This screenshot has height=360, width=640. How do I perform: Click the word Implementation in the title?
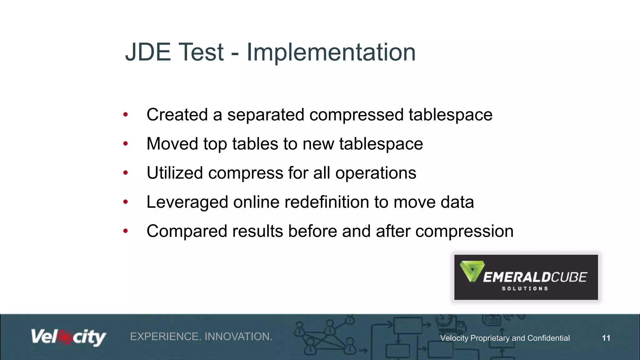click(x=331, y=52)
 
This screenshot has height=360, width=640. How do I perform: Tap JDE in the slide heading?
click(x=148, y=52)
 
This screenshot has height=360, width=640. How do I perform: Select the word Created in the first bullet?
click(x=177, y=115)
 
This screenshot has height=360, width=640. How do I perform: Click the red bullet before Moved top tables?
click(x=126, y=144)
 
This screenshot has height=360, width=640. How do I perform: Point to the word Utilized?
click(x=175, y=173)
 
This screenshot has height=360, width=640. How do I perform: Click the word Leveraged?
click(x=187, y=202)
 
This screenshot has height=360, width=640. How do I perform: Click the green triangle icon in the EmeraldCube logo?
click(x=472, y=271)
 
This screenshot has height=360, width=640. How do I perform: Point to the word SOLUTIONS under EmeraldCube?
click(x=525, y=288)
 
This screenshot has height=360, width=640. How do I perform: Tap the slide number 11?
click(x=606, y=338)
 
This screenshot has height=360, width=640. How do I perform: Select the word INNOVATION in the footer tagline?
click(x=238, y=337)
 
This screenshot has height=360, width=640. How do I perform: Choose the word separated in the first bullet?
click(x=265, y=115)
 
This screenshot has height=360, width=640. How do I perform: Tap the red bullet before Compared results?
click(x=126, y=231)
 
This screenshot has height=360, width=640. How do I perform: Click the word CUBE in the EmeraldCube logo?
click(x=569, y=277)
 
